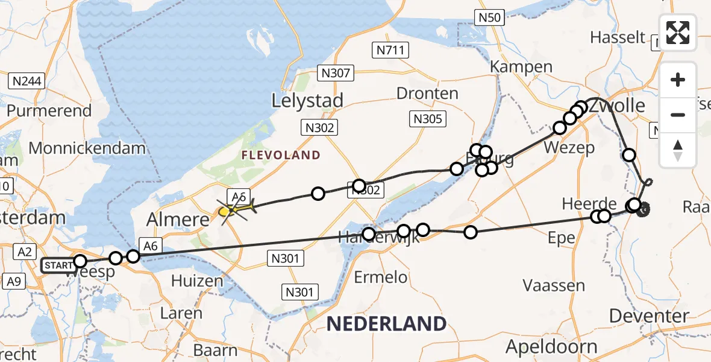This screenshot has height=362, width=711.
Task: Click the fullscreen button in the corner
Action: pos(678,33)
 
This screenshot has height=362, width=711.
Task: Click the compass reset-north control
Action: pos(678,151)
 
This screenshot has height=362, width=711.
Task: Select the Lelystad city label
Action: pos(307,100)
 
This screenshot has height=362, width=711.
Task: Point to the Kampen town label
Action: pos(521,66)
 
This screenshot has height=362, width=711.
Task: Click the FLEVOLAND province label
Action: pos(281,156)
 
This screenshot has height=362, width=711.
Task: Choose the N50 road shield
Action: pos(490,18)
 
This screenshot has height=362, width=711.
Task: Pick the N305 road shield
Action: pos(428,119)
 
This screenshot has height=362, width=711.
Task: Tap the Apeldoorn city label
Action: pos(551,347)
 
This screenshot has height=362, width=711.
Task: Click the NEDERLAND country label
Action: pos(386,323)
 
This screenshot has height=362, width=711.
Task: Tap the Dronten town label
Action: pos(427,94)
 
